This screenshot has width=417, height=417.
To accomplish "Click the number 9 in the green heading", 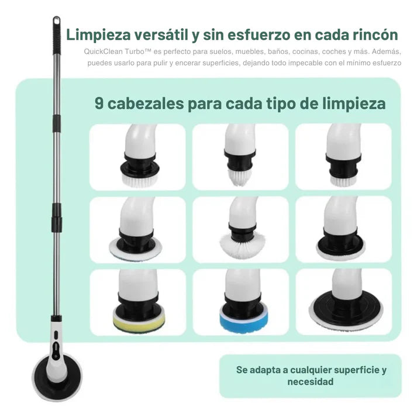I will point(99,104).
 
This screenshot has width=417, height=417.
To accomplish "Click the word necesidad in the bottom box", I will point(311,382).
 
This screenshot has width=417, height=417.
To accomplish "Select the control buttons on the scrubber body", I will point(56,345).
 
